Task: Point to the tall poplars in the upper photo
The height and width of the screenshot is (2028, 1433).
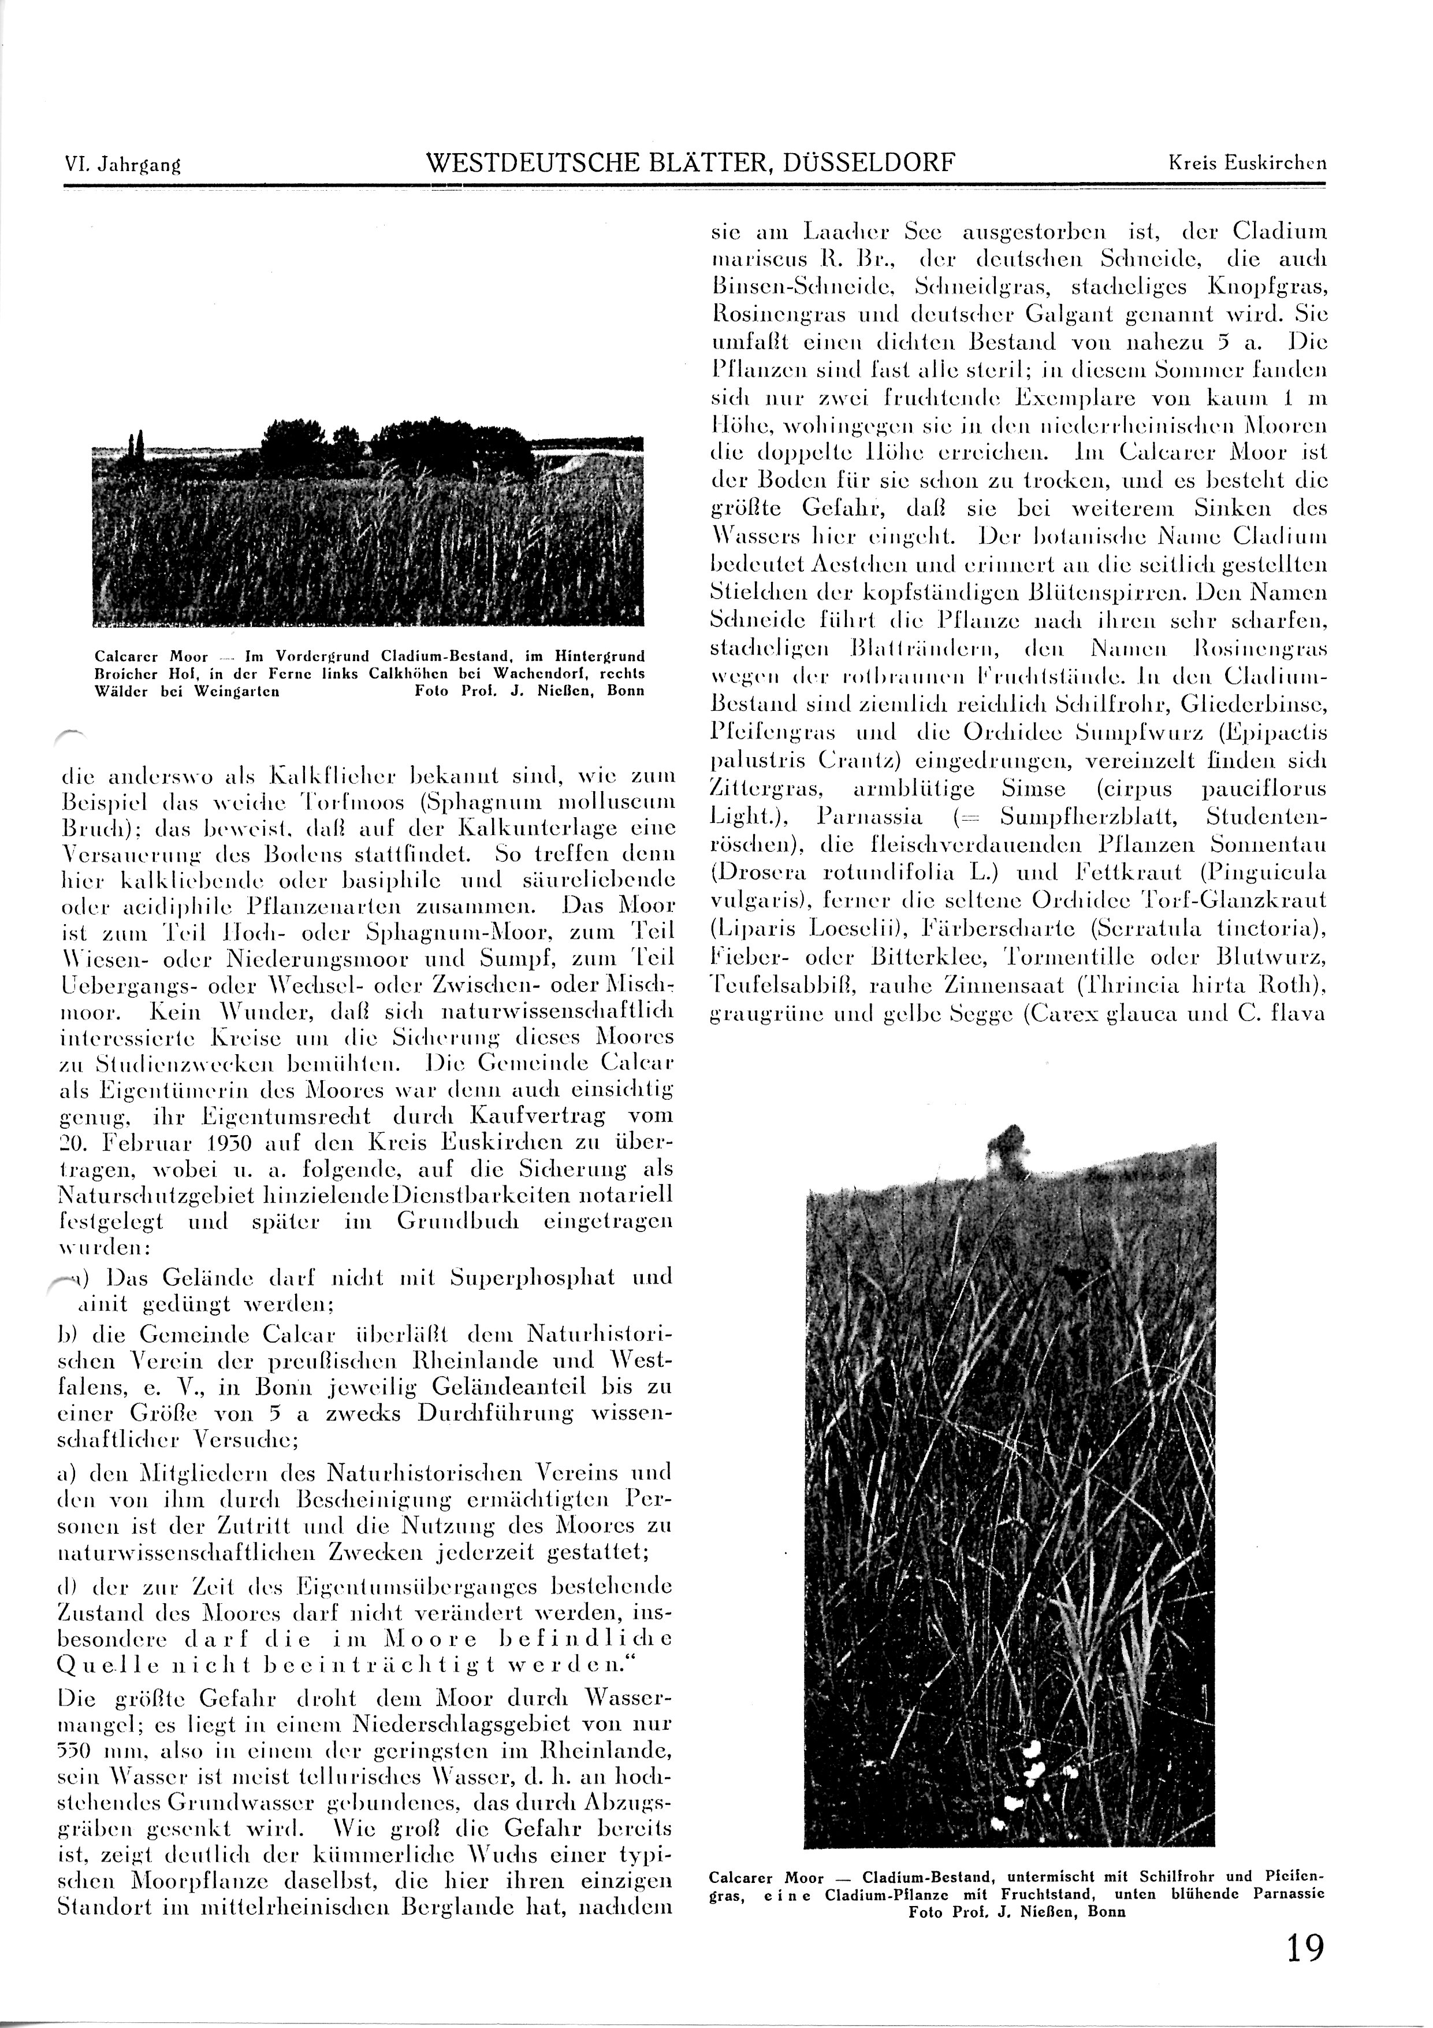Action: (133, 444)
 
